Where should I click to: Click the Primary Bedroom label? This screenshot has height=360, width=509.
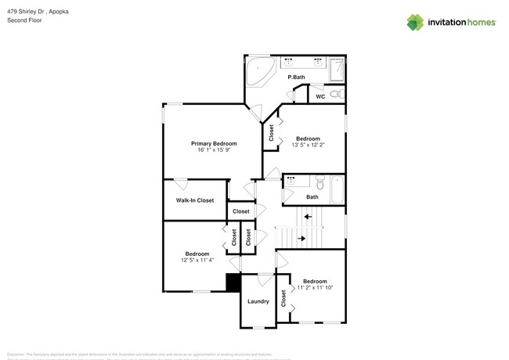coord(214,144)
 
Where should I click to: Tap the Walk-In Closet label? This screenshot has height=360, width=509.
coord(194,200)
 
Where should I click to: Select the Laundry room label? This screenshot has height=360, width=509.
coord(258,301)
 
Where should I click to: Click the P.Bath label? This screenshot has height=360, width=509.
coord(296,77)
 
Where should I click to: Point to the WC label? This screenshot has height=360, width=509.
coord(320,97)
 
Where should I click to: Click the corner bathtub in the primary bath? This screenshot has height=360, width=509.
coord(259,72)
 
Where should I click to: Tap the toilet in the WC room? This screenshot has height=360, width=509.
coord(336,94)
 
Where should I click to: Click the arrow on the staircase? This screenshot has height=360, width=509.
coord(307,217)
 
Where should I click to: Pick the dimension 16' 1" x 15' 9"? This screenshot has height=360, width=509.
coord(214,152)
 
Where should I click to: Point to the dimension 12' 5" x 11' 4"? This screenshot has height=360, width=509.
coord(197,261)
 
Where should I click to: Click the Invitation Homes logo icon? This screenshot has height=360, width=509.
coord(415,23)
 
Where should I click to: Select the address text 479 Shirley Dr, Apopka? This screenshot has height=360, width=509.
coord(36,12)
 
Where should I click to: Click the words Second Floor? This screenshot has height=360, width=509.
coord(24,20)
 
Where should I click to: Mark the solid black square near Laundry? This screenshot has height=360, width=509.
coord(233,283)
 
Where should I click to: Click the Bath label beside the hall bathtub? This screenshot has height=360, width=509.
coord(312,197)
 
